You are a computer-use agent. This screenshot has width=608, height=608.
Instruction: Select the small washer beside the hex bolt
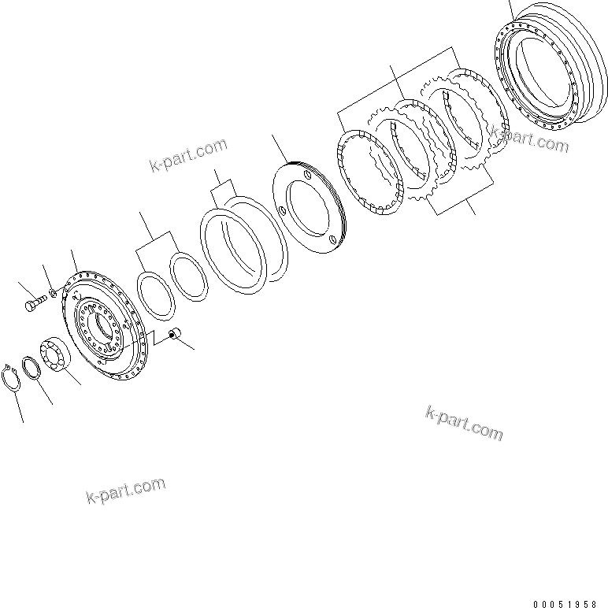tap(52, 294)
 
